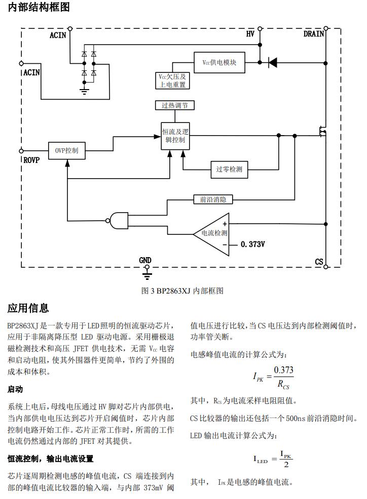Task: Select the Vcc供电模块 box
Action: [x=219, y=62]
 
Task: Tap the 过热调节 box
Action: [x=174, y=105]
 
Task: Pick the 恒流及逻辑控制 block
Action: [x=176, y=136]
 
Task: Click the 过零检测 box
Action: [x=229, y=169]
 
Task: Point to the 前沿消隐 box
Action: [x=213, y=199]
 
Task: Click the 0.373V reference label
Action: [x=253, y=244]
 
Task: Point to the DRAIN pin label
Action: [x=314, y=34]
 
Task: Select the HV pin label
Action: [x=250, y=34]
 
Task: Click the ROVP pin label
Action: [x=31, y=160]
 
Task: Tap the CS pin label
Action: [x=319, y=262]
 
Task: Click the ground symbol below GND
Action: [x=146, y=275]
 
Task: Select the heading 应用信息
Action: [x=28, y=308]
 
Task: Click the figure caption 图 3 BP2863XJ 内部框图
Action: [x=182, y=290]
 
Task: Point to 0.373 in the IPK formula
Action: [x=283, y=370]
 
